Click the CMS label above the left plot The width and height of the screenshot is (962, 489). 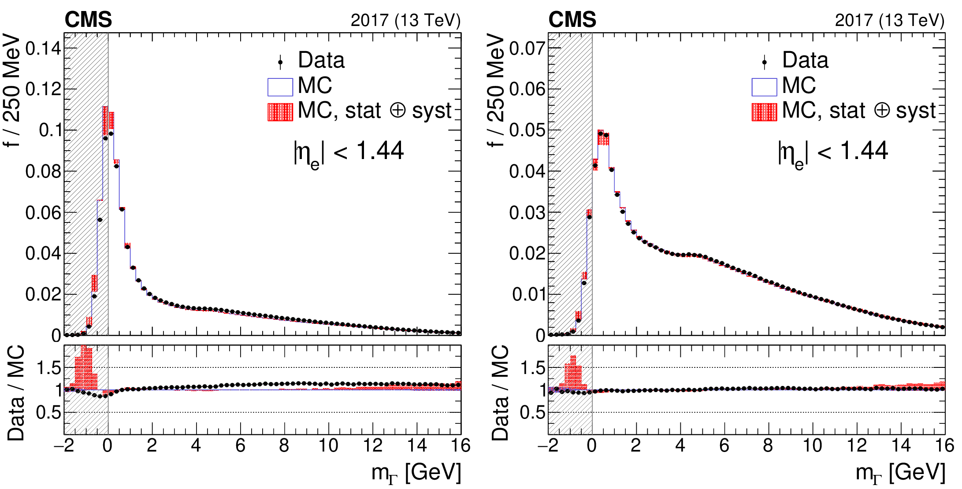click(x=88, y=20)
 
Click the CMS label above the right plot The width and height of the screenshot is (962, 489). click(x=572, y=20)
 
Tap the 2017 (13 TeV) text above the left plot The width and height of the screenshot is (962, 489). click(x=405, y=21)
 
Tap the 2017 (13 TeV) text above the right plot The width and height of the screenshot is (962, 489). click(x=890, y=21)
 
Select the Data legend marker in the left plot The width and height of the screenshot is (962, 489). click(x=280, y=62)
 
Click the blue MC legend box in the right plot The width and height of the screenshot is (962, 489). click(x=764, y=87)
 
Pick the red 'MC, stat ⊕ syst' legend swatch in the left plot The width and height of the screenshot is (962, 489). click(x=280, y=112)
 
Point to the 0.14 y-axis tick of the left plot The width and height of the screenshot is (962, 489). click(x=43, y=48)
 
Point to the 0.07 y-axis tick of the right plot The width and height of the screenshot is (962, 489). click(x=527, y=48)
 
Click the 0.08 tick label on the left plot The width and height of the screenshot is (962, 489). click(x=43, y=171)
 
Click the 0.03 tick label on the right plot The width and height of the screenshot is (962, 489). click(x=527, y=212)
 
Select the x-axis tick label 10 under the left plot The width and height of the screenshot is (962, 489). click(x=328, y=446)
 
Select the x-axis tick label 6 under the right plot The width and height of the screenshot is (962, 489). click(x=724, y=446)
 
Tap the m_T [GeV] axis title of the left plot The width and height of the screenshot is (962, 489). click(x=416, y=473)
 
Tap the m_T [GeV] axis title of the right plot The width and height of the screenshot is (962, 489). click(x=900, y=473)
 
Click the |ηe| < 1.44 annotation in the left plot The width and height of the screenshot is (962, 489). click(x=349, y=152)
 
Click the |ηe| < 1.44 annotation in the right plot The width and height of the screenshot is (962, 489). click(x=833, y=152)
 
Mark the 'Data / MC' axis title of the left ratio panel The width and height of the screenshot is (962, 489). click(x=16, y=393)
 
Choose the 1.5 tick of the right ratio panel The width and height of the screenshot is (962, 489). click(x=532, y=368)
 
